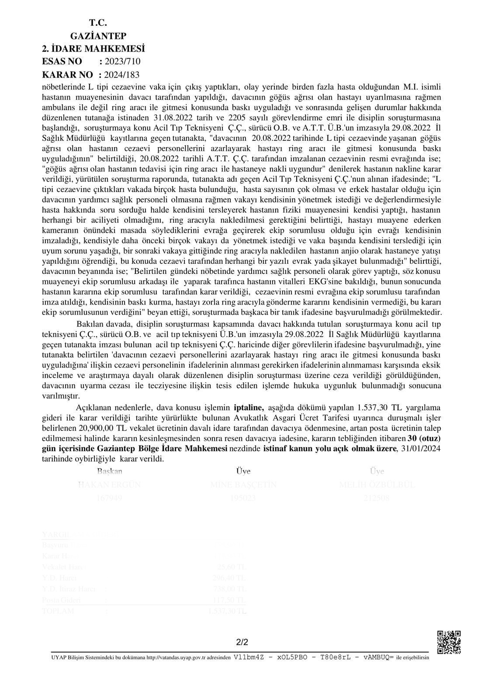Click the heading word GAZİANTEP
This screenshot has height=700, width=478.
click(x=98, y=36)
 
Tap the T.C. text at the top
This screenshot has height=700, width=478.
click(x=98, y=23)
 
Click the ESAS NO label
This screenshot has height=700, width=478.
click(x=62, y=62)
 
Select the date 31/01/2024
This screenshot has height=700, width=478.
click(x=421, y=448)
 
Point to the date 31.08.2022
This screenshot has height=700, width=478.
click(x=171, y=118)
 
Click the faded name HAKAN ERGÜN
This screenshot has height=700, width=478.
click(x=109, y=485)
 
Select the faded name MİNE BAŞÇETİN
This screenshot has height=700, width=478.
click(x=243, y=485)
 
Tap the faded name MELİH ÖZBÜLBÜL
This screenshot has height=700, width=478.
click(x=377, y=485)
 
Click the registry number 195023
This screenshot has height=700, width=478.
click(x=243, y=498)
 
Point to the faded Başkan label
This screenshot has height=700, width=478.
click(x=110, y=471)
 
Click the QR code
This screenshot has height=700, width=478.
click(x=449, y=642)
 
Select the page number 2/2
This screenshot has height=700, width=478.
click(x=242, y=642)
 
